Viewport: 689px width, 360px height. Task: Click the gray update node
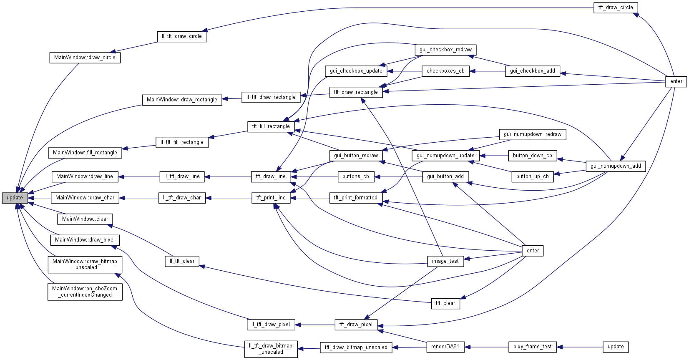tap(15, 198)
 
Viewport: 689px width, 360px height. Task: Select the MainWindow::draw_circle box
tap(85, 58)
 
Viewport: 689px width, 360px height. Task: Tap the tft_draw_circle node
tap(615, 8)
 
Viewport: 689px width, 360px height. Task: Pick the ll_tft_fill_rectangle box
tap(182, 142)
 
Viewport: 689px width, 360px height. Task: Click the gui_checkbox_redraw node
tap(445, 50)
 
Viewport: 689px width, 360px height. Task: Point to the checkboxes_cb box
tap(445, 71)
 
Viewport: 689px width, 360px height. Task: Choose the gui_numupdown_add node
tap(616, 166)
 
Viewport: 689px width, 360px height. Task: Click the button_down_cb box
tap(532, 156)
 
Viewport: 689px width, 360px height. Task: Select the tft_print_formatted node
tap(356, 198)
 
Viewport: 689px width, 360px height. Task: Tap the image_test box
tap(445, 261)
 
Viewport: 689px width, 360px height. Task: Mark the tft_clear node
tap(445, 303)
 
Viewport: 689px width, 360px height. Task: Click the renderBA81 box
tap(445, 347)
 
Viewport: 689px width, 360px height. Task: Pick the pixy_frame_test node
tap(532, 347)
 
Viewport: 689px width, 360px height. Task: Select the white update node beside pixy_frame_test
tap(615, 347)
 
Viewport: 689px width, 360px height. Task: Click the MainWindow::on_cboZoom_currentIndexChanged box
tap(85, 292)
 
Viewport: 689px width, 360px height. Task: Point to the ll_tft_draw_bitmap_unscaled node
tap(271, 349)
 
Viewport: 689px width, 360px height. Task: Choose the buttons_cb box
tap(355, 176)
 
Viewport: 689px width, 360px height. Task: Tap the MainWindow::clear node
tap(85, 219)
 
